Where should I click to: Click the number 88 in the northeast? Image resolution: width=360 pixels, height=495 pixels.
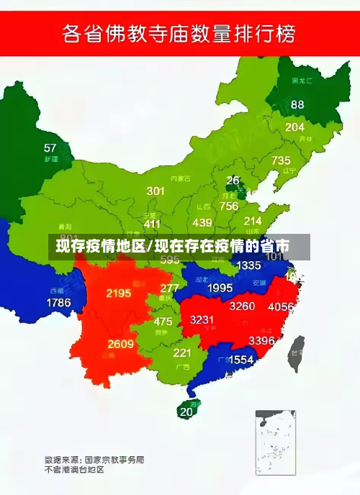[297, 104]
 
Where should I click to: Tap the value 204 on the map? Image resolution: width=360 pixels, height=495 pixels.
[294, 127]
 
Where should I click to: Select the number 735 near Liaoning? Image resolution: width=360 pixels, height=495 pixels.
[281, 160]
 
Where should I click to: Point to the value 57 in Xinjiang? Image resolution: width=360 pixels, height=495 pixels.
[50, 148]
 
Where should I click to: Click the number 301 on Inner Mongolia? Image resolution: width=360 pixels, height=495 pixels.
[156, 191]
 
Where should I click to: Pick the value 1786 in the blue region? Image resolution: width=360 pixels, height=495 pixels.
[58, 303]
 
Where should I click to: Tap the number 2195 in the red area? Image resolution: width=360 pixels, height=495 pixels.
[118, 293]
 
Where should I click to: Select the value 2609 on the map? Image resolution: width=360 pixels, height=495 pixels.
[121, 344]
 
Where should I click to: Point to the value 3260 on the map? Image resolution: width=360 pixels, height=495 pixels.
[242, 306]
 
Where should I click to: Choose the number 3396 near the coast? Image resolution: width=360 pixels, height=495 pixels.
[261, 340]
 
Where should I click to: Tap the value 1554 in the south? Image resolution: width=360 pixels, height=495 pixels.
[241, 359]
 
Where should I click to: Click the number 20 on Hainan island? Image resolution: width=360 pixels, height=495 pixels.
[186, 412]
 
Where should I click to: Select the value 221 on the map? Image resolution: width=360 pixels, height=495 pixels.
[181, 353]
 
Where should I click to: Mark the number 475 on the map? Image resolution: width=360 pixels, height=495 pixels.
[163, 322]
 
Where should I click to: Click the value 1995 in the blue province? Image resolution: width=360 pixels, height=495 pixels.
[220, 288]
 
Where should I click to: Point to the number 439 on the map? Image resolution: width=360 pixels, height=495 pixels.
[202, 223]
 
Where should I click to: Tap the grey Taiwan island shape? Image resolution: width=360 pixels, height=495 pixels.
[295, 354]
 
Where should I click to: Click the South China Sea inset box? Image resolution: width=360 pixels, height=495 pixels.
[275, 440]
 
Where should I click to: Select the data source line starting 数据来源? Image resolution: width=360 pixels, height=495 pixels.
[94, 458]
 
